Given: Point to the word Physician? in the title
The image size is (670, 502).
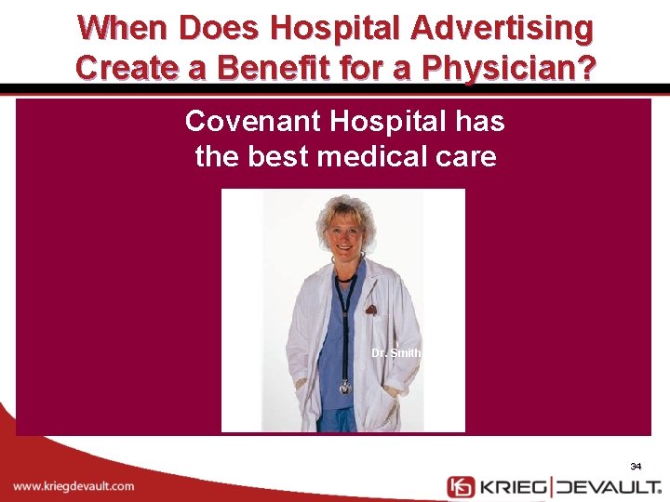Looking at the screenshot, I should tap(509, 67).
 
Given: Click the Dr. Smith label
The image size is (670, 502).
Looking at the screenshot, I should tap(396, 353).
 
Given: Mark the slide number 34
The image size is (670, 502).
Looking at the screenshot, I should tap(636, 466).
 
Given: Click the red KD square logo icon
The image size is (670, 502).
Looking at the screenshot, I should tap(461, 486).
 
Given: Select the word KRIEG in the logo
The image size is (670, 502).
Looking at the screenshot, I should tap(514, 486).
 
